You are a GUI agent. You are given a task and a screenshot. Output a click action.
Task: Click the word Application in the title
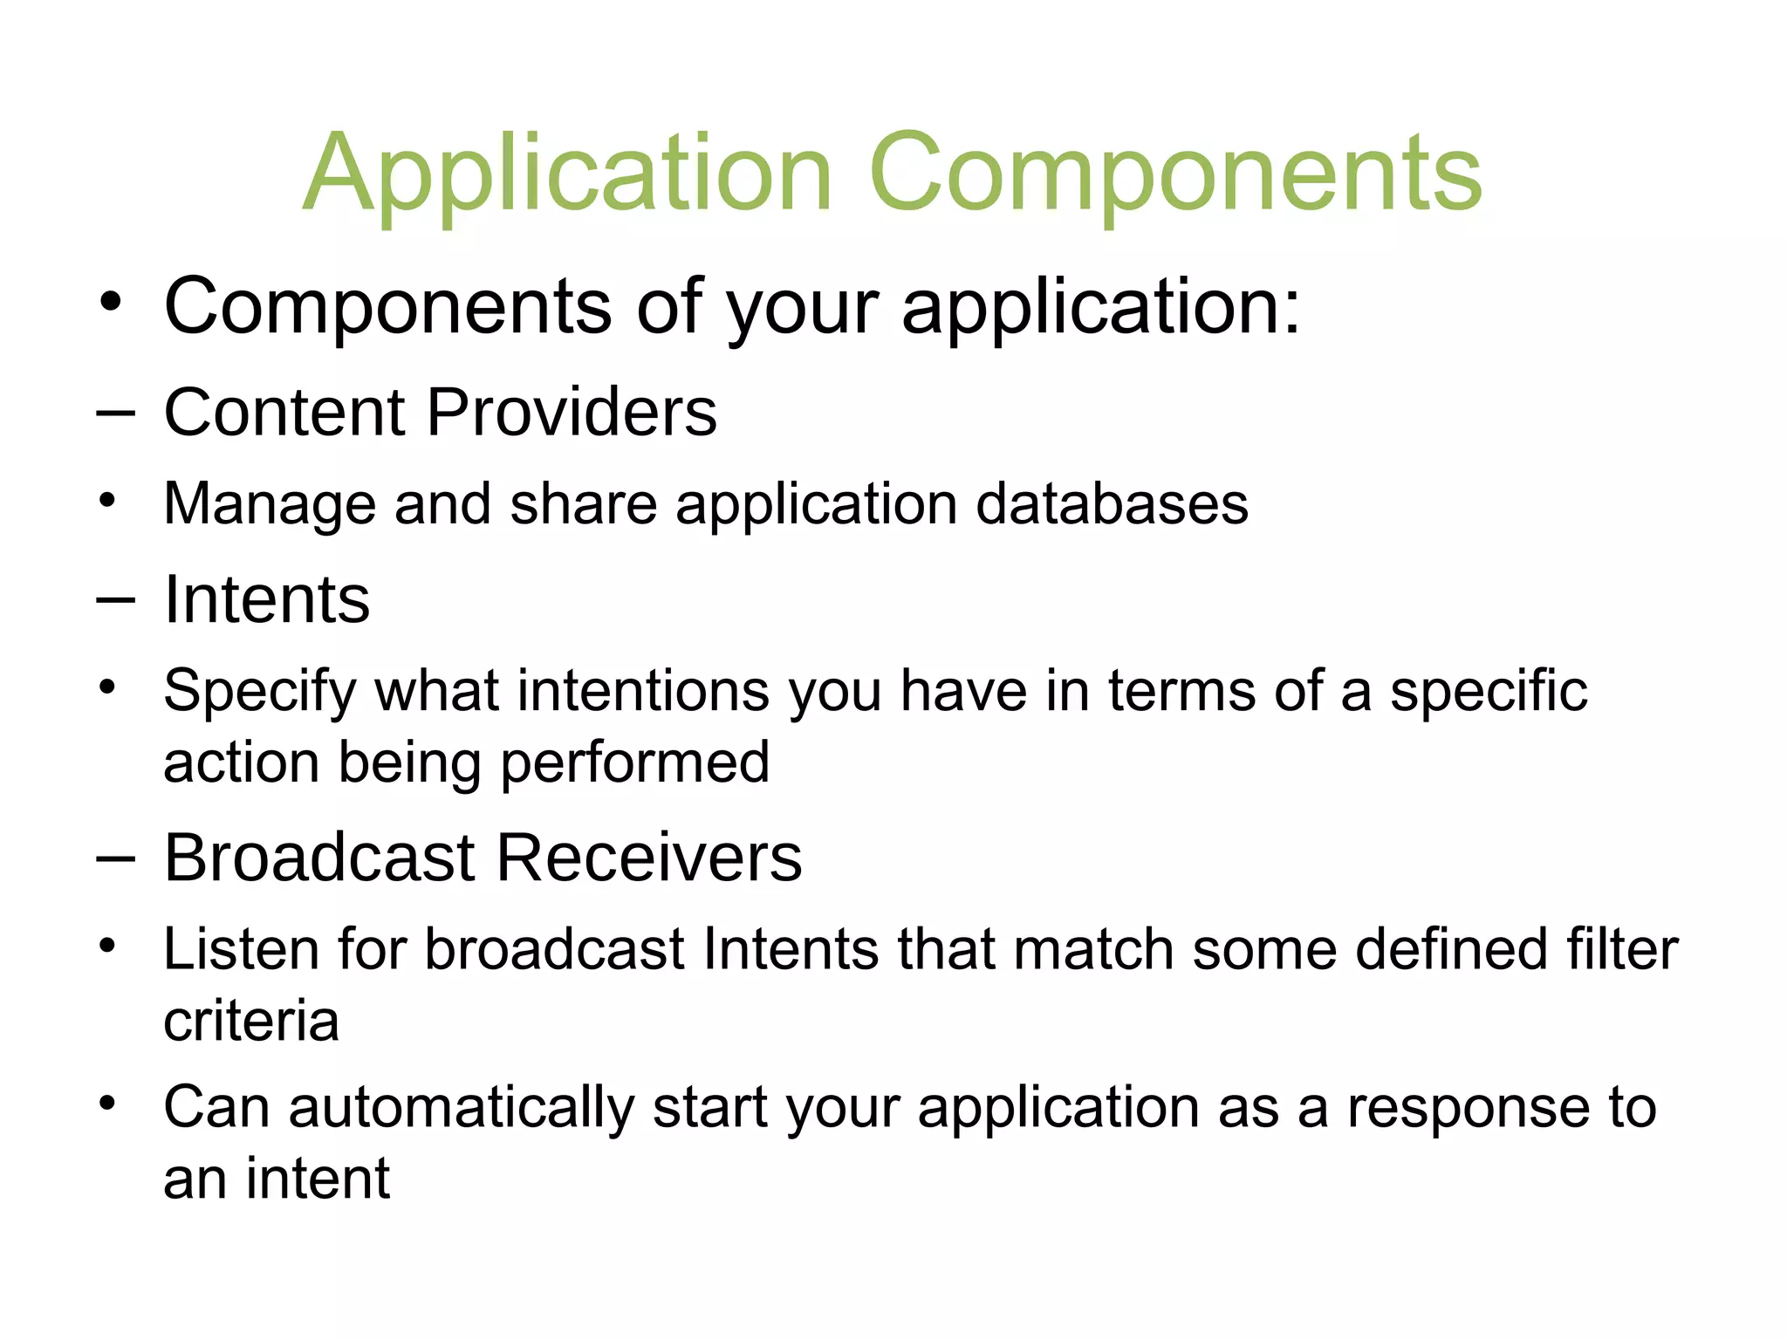tap(567, 174)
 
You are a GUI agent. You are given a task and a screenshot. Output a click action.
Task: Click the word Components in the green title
tap(1174, 174)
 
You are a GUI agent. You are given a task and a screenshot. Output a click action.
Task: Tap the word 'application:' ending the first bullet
tap(1100, 307)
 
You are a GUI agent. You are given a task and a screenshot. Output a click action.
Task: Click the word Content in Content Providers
tap(284, 412)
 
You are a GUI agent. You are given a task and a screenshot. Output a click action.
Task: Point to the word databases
tap(1112, 504)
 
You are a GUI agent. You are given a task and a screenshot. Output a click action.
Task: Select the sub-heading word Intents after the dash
tap(267, 600)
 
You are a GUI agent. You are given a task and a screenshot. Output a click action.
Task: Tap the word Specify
tap(259, 692)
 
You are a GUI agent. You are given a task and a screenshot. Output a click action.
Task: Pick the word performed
tap(635, 763)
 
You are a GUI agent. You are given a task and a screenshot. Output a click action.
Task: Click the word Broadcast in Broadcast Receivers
tap(319, 858)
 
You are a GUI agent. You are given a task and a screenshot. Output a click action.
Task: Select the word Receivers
tap(649, 858)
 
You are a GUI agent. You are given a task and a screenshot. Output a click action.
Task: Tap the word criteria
tap(251, 1022)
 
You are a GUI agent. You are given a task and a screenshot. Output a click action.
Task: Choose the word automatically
tap(461, 1108)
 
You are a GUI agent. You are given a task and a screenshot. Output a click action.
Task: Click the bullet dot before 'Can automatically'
tap(107, 1104)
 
